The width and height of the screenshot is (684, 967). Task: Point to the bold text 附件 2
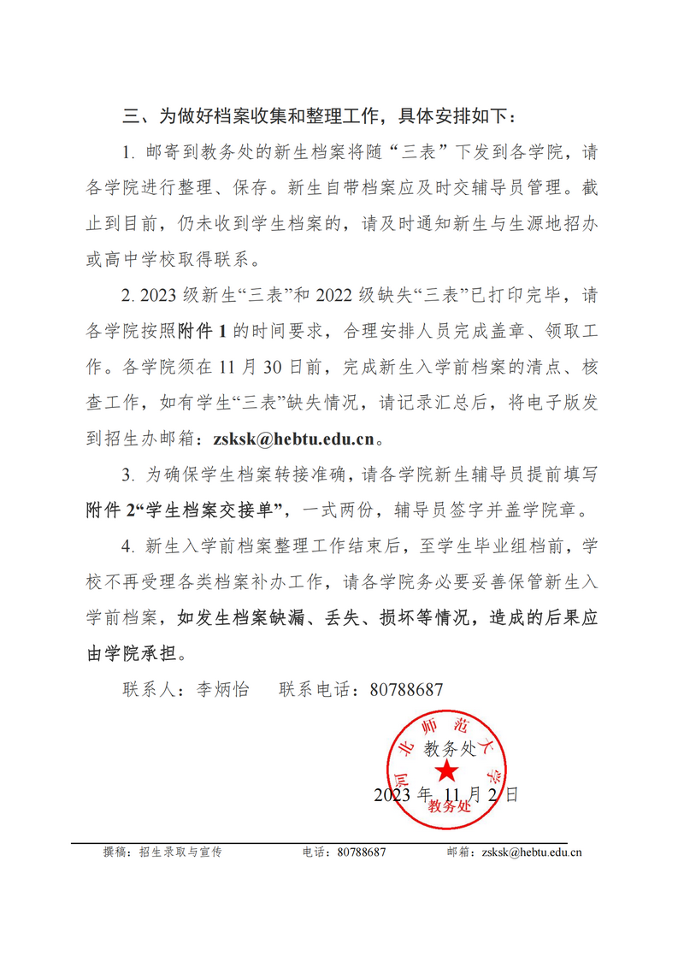click(112, 511)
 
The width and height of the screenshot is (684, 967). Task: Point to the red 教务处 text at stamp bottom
click(447, 805)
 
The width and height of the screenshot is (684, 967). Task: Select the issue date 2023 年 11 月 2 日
click(445, 794)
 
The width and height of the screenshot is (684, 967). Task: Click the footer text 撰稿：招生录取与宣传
click(162, 852)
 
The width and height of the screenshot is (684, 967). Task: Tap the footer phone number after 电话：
click(363, 852)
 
